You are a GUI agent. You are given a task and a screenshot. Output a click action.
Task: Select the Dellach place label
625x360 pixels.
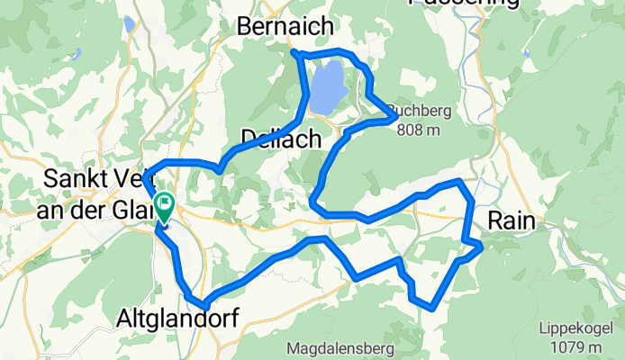[281, 139]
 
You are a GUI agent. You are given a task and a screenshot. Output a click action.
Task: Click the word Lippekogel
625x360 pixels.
[571, 329]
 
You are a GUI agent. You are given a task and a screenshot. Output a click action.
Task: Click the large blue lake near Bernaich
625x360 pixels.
[328, 87]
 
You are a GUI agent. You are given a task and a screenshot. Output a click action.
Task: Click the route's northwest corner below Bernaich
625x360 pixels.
[295, 55]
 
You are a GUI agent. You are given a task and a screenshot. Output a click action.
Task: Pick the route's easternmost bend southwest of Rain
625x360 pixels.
[481, 245]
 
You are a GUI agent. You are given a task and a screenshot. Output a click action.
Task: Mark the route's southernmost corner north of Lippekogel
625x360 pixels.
[435, 307]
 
